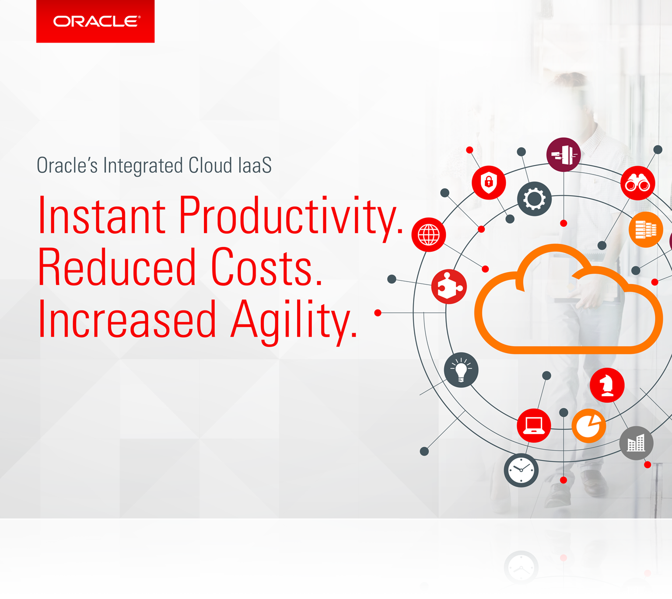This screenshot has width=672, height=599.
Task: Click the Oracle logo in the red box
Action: (x=97, y=21)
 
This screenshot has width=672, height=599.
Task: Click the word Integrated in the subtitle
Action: (x=143, y=166)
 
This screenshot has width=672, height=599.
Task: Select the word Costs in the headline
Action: (x=266, y=267)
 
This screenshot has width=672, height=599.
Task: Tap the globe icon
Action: (x=429, y=235)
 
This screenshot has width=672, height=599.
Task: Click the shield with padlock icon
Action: (x=489, y=182)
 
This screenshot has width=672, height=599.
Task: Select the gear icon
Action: (x=534, y=199)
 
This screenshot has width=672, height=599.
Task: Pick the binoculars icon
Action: (x=637, y=183)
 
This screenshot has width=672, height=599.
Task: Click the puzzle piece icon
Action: (x=449, y=287)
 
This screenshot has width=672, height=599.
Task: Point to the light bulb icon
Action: (x=461, y=370)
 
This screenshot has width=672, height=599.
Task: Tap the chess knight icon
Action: (x=607, y=385)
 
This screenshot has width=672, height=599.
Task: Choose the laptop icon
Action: (x=534, y=425)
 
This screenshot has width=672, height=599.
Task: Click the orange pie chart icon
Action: (x=589, y=426)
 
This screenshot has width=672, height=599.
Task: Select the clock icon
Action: (x=521, y=470)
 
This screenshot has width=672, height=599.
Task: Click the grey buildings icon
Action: (x=636, y=443)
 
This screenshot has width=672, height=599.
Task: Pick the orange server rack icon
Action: (x=645, y=230)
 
